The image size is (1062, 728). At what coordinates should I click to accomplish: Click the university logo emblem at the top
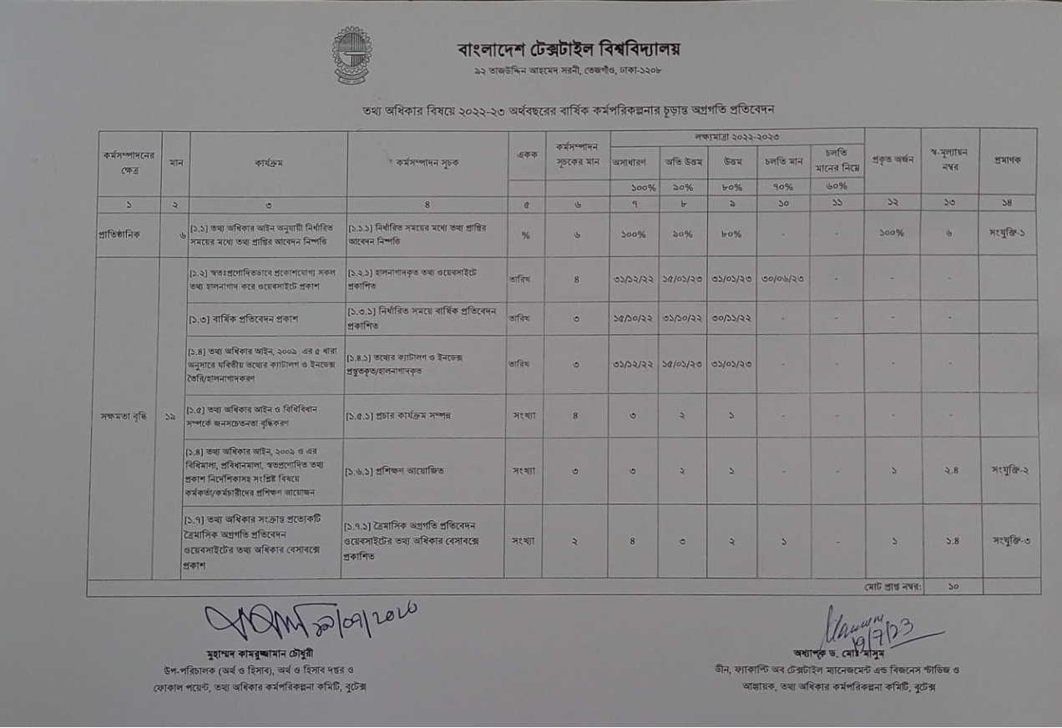(x=352, y=55)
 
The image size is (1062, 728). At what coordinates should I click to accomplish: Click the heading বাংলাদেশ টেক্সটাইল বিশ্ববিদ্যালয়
(x=569, y=49)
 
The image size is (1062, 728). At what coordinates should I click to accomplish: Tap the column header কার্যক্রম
(x=269, y=164)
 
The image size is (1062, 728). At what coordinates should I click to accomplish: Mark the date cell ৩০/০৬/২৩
(x=782, y=279)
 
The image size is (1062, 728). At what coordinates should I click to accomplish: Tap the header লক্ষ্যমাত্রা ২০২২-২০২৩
(x=736, y=136)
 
